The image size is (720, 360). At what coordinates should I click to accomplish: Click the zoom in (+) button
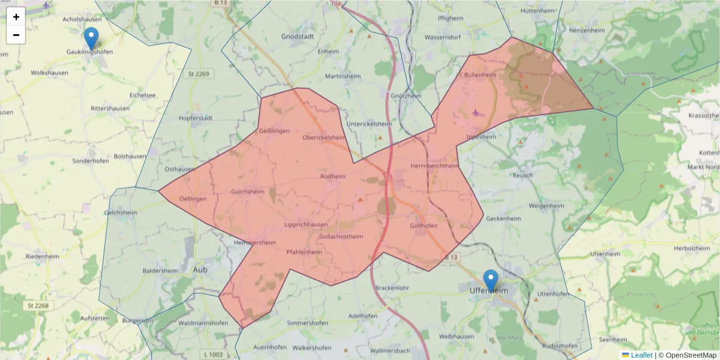point(16,17)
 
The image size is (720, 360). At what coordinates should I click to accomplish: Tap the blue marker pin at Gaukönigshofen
point(91,38)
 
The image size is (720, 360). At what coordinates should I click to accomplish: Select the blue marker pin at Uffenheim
point(491,280)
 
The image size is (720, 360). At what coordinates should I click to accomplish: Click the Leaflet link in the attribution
point(641,355)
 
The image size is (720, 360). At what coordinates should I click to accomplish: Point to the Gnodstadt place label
point(299,36)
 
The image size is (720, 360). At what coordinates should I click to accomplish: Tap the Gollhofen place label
point(424,226)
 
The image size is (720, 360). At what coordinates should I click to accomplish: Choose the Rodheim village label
point(334,176)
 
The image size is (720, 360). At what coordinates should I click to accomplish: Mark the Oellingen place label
point(193,199)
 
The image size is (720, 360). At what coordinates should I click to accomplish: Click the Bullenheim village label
point(480,75)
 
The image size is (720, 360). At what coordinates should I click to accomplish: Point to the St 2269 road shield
point(199,74)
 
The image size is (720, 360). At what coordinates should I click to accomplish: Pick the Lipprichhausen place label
point(306,225)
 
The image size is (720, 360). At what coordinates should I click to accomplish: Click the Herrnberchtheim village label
point(434,166)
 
